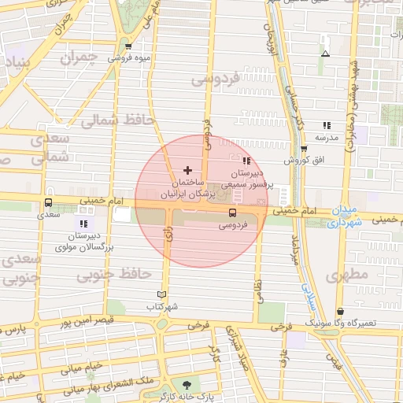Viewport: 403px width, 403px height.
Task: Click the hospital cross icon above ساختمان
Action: point(187,170)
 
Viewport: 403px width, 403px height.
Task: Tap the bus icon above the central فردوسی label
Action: point(231,213)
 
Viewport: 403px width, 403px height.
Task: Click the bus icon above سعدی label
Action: point(48,203)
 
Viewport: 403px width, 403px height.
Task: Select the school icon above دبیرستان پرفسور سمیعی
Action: point(246,161)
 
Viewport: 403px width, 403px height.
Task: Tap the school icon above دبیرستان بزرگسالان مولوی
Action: point(83,224)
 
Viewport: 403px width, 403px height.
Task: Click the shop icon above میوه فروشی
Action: point(128,47)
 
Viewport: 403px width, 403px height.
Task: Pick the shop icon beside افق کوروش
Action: point(304,149)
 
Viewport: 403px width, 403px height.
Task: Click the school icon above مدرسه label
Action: point(326,125)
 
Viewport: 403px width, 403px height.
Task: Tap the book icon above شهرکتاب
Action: point(162,294)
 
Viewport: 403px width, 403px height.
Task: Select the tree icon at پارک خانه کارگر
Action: point(187,384)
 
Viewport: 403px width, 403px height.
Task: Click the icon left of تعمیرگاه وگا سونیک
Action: point(339,311)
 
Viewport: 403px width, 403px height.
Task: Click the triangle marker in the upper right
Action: point(325,54)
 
